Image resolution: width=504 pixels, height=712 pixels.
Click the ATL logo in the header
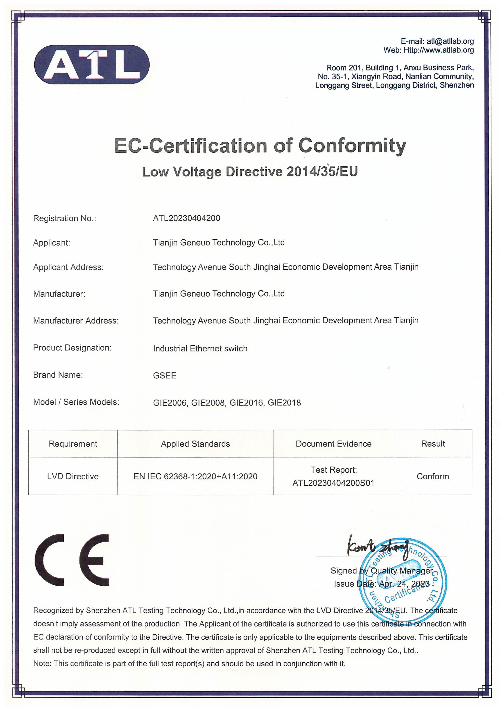[x=92, y=65]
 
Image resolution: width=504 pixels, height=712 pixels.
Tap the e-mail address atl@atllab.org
[x=450, y=41]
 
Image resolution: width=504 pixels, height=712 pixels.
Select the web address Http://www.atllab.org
[x=439, y=50]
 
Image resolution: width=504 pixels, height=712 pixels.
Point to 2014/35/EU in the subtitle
[x=322, y=172]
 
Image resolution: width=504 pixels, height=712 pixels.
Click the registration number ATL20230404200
[x=186, y=218]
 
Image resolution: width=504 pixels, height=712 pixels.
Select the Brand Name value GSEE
[x=165, y=376]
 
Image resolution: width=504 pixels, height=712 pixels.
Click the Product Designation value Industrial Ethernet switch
[x=200, y=349]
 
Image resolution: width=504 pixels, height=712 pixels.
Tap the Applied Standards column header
[x=195, y=444]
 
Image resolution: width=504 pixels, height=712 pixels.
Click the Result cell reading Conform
[x=433, y=476]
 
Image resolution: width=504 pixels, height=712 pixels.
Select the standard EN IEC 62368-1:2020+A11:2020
[x=195, y=476]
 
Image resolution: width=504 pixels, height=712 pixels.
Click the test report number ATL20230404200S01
[x=333, y=483]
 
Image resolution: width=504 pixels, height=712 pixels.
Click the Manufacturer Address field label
[x=76, y=321]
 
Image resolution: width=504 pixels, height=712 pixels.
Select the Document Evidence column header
[x=333, y=444]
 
